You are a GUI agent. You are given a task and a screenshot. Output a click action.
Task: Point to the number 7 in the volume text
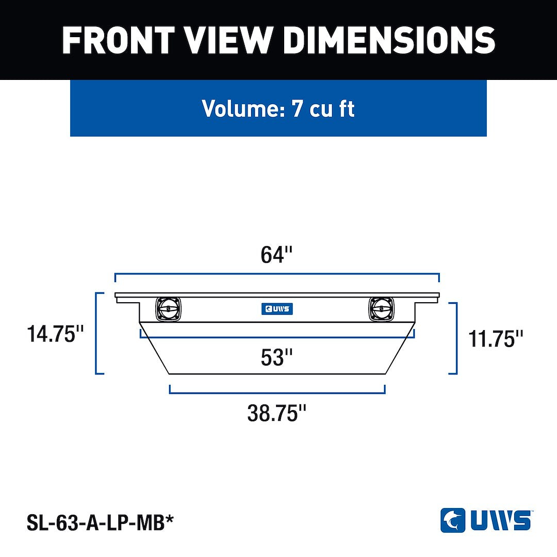(297, 108)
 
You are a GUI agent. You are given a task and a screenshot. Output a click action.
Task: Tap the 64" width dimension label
(276, 254)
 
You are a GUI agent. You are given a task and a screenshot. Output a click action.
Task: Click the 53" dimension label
(276, 357)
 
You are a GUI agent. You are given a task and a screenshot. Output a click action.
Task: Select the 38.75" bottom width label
(276, 413)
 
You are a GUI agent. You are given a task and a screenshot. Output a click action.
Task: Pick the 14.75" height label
(55, 334)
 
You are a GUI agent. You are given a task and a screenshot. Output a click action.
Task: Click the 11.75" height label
(496, 338)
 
